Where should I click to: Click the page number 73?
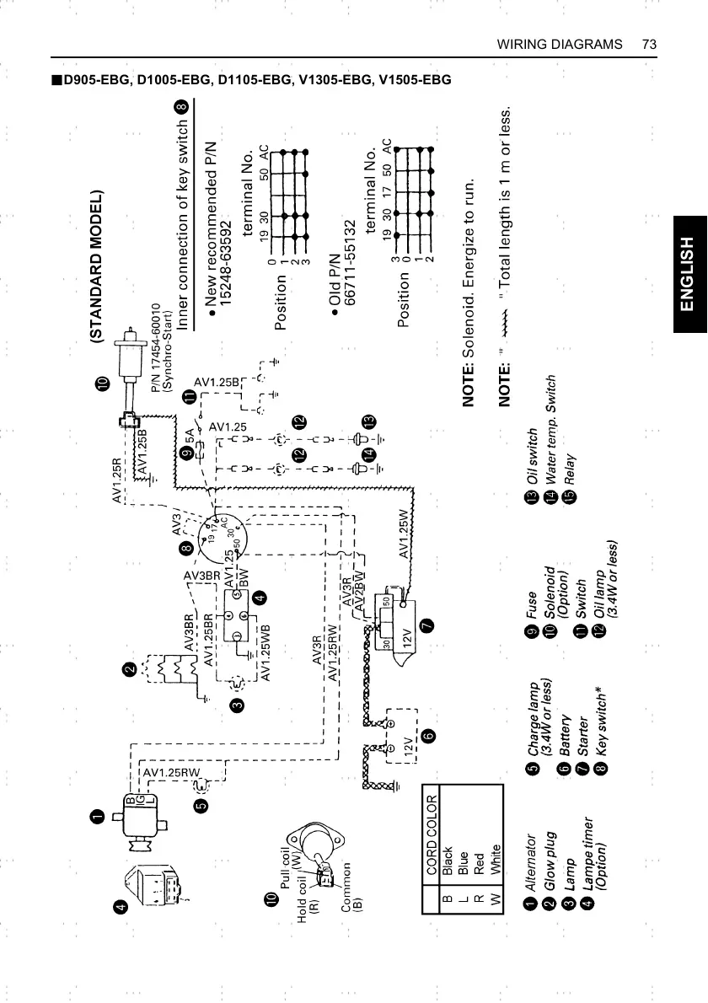[648, 43]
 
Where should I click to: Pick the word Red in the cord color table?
[477, 868]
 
